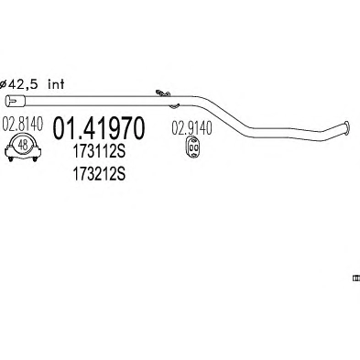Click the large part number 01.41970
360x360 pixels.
click(98, 129)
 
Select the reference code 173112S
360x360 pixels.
click(99, 151)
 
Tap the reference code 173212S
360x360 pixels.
click(99, 174)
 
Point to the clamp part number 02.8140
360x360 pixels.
click(23, 124)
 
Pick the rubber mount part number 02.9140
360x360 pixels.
click(191, 128)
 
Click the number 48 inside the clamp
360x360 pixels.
click(23, 145)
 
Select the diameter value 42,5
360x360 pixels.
click(23, 84)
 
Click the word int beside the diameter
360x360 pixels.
click(56, 84)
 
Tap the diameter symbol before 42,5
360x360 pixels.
click(3, 84)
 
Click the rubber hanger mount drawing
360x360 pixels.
click(191, 147)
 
